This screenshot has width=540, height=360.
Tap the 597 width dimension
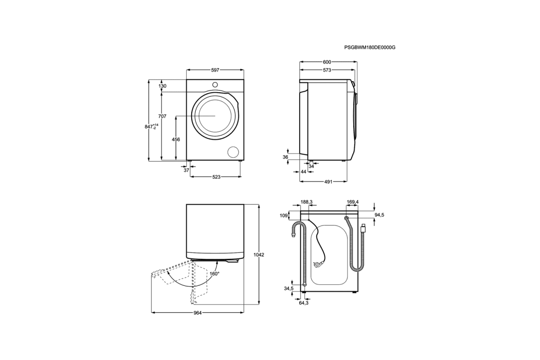pyautogui.click(x=215, y=70)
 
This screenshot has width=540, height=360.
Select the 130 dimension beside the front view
pyautogui.click(x=162, y=86)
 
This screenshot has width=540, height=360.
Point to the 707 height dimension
pyautogui.click(x=162, y=117)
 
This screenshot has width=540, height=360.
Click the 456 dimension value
pyautogui.click(x=176, y=139)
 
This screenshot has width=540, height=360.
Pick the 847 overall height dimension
pyautogui.click(x=150, y=127)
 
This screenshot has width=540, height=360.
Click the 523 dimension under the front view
pyautogui.click(x=216, y=177)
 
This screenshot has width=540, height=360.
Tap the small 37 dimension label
pyautogui.click(x=186, y=171)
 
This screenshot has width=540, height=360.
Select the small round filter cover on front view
pyautogui.click(x=233, y=152)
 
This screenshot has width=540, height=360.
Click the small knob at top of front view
pyautogui.click(x=215, y=84)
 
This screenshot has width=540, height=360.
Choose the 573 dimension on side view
pyautogui.click(x=327, y=70)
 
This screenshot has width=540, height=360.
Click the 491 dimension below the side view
pyautogui.click(x=328, y=182)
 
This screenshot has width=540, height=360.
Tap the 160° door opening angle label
pyautogui.click(x=214, y=274)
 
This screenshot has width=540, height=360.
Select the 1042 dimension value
pyautogui.click(x=259, y=255)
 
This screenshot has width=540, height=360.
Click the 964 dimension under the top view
pyautogui.click(x=197, y=313)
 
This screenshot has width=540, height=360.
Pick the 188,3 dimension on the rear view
pyautogui.click(x=306, y=202)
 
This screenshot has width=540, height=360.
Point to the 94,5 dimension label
pyautogui.click(x=379, y=215)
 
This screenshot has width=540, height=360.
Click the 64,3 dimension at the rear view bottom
pyautogui.click(x=304, y=303)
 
